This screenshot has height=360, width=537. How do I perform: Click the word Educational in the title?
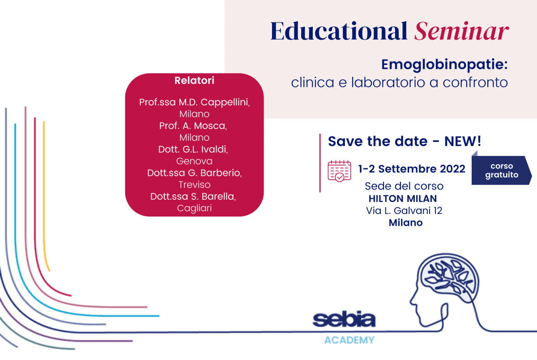(x=339, y=31)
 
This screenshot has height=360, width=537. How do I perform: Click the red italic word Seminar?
(x=461, y=31)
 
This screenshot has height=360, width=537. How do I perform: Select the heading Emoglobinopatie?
(x=444, y=65)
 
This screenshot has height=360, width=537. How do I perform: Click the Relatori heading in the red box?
(x=194, y=81)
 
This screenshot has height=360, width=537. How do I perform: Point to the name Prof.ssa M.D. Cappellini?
(x=194, y=103)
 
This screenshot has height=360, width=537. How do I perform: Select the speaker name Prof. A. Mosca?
(x=193, y=126)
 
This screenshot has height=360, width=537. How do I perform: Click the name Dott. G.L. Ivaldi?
(x=193, y=150)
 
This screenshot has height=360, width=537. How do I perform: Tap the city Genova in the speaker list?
(x=194, y=161)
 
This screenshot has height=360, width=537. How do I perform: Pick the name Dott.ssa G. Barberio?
(x=194, y=173)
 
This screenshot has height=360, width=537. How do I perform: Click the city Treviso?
(x=194, y=184)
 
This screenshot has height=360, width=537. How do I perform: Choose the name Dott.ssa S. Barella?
(x=193, y=197)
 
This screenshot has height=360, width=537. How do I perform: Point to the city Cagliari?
(x=194, y=208)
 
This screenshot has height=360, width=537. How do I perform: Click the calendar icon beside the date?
(x=339, y=171)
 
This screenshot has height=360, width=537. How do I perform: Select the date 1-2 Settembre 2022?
(x=412, y=169)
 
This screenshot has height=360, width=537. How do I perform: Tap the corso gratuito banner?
(x=502, y=170)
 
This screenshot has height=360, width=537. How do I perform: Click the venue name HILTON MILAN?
(x=403, y=199)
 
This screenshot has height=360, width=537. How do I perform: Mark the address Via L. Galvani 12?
(x=404, y=210)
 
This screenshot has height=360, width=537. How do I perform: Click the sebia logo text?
(x=344, y=319)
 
